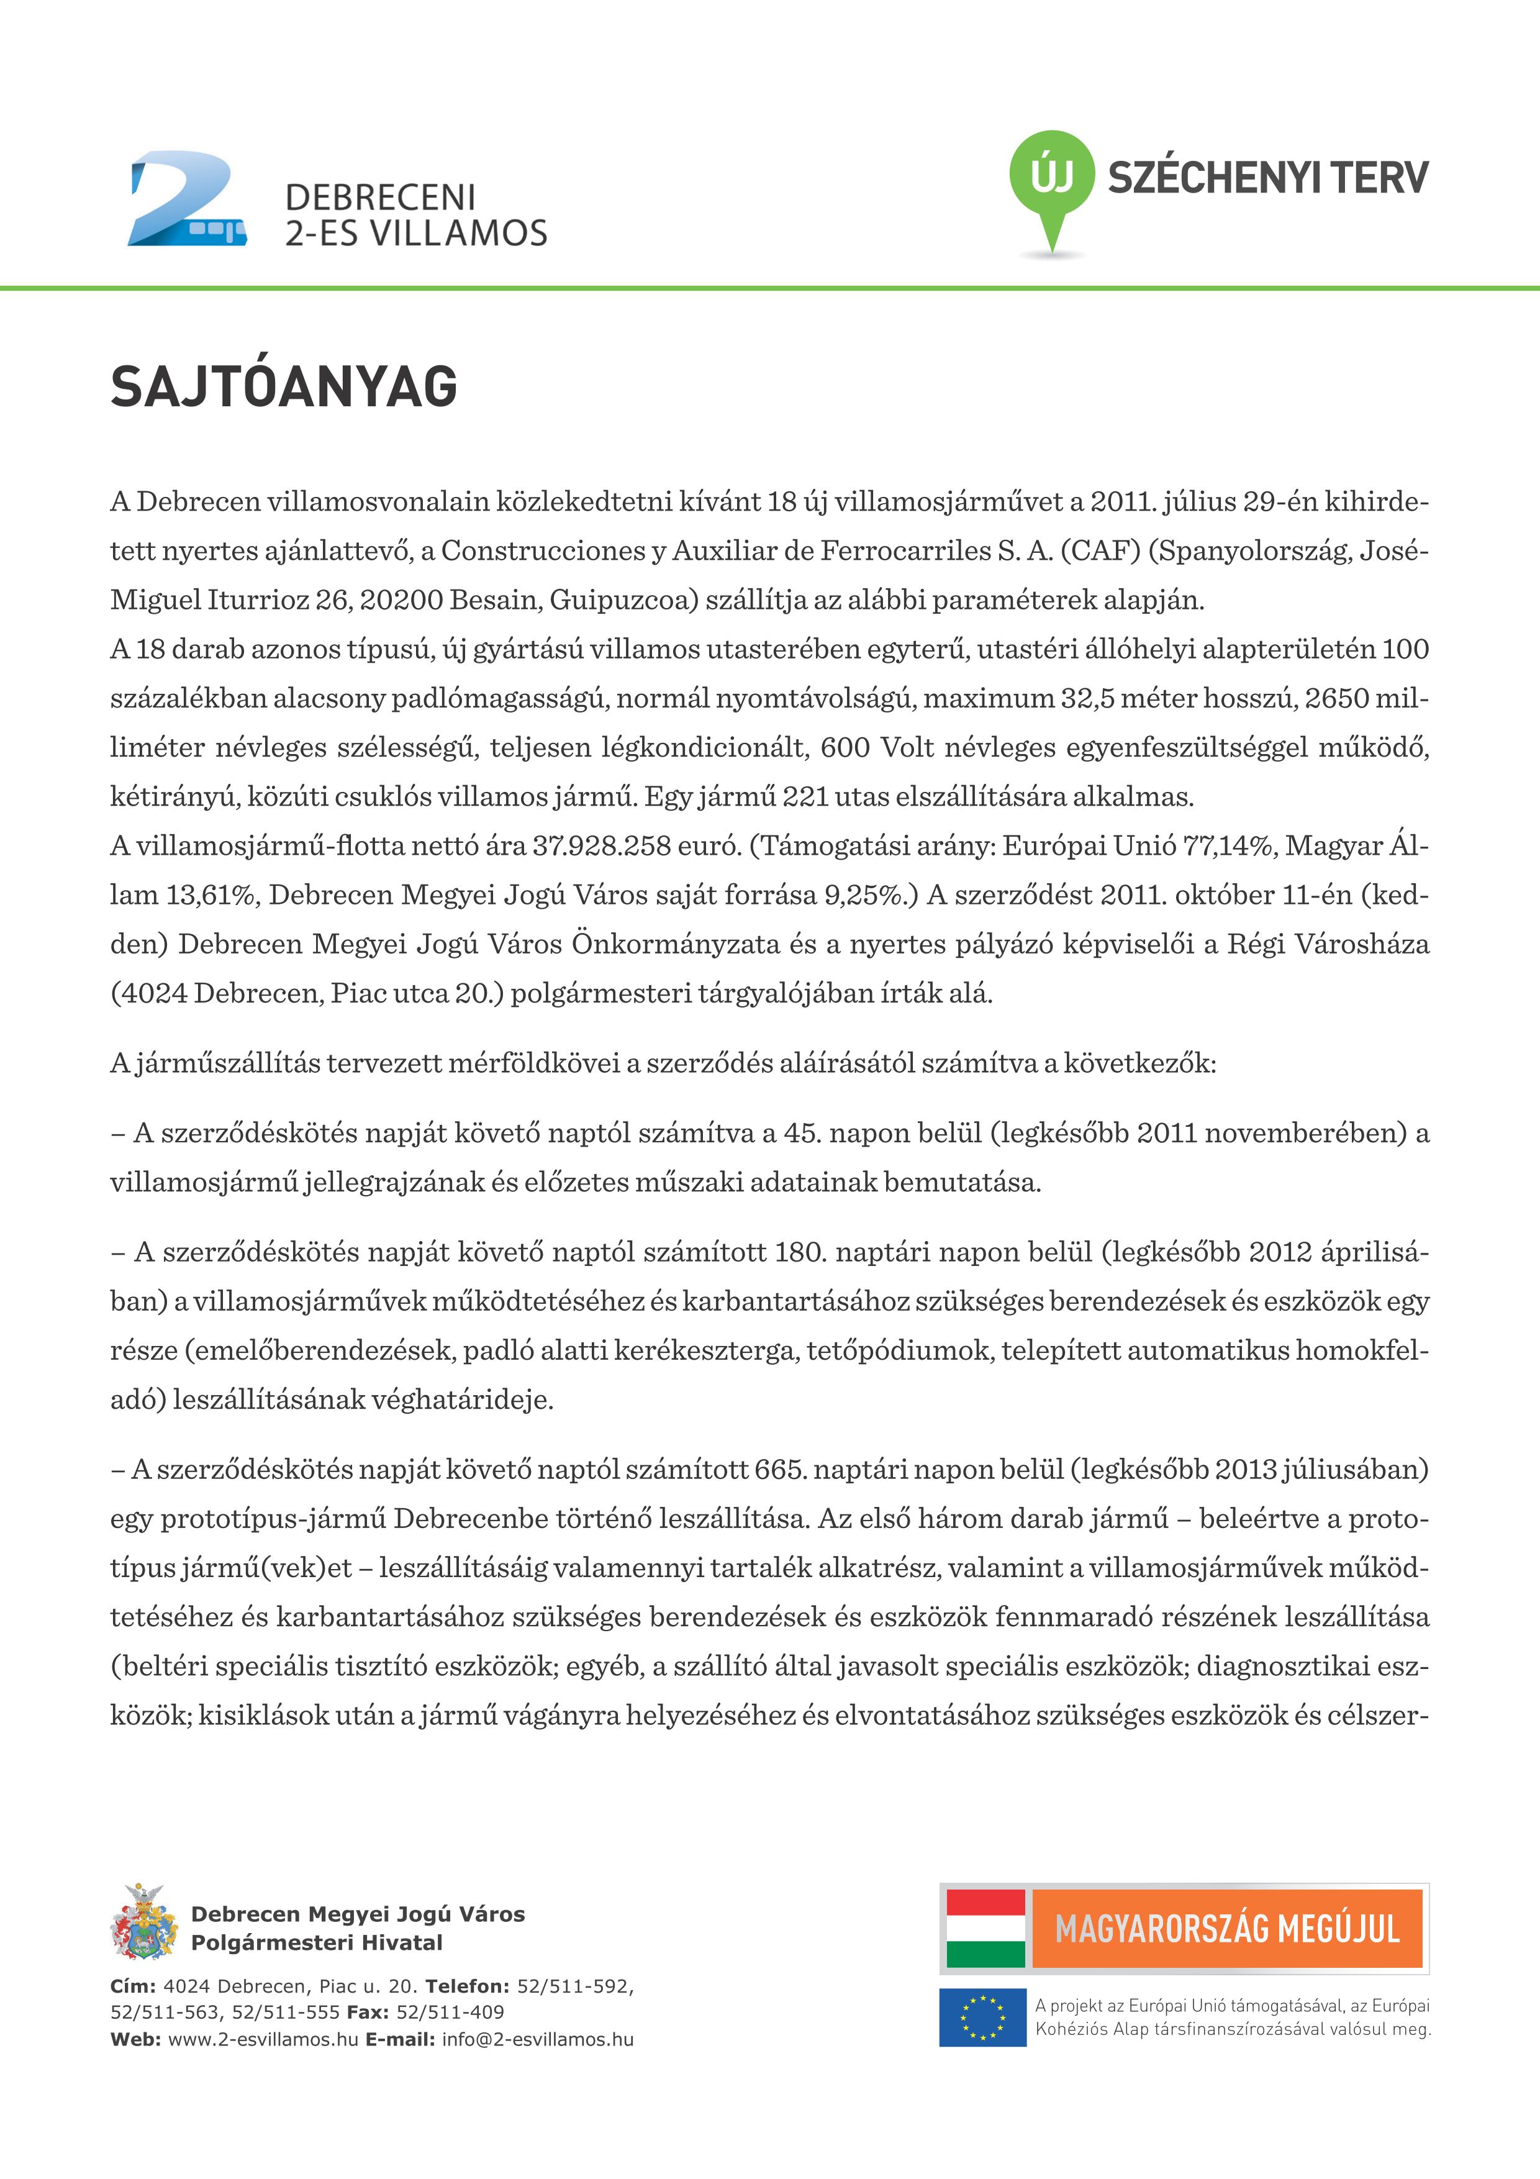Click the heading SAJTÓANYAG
coord(284,386)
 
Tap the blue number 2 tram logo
coord(187,199)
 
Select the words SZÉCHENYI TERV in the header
coord(1267,178)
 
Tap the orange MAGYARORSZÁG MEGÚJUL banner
coord(1227,1929)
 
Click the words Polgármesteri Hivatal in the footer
coord(317,1943)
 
